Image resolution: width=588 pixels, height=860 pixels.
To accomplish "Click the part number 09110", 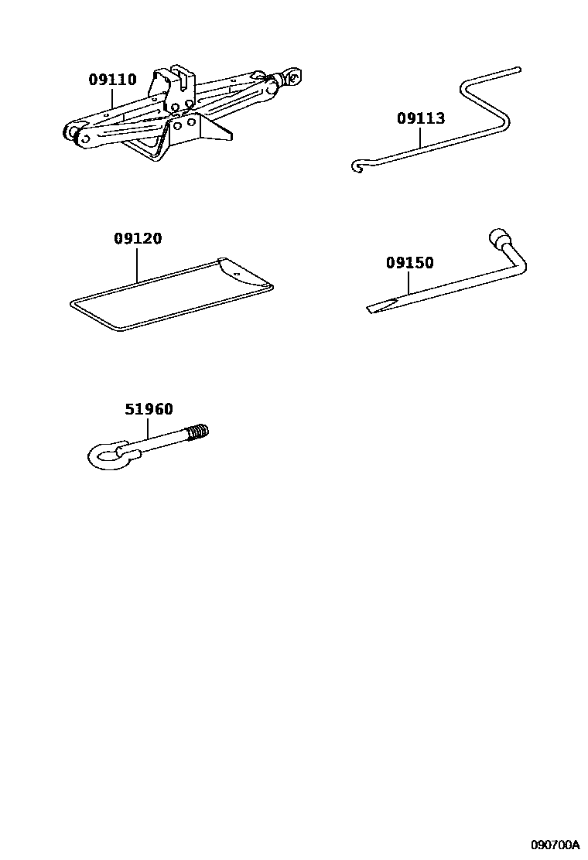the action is [112, 80].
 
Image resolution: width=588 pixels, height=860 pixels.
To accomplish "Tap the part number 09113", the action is [421, 118].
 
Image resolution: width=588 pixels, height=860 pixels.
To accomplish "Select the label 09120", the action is [138, 238].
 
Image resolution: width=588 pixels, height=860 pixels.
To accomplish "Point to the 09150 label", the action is [410, 263].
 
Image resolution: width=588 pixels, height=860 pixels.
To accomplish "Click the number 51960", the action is [149, 409].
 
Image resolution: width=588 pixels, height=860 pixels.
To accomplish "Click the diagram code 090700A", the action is [555, 843].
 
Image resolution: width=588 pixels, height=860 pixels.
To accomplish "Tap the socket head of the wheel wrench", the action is [497, 238].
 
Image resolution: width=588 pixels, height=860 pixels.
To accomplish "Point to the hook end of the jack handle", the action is [357, 166].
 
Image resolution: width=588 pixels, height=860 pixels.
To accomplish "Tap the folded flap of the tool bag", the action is [244, 272].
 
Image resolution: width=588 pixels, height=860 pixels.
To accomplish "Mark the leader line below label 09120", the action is [137, 264].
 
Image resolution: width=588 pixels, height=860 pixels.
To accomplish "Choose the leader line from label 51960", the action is [148, 428].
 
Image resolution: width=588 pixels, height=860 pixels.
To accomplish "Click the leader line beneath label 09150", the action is [409, 282].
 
